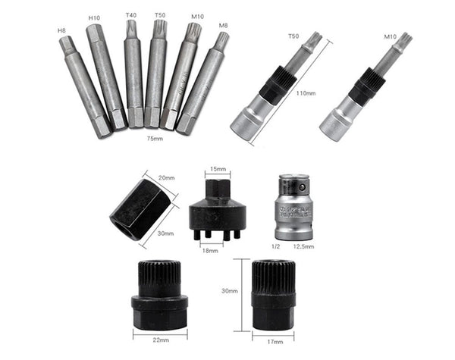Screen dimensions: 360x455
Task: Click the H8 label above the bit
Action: click(62, 30)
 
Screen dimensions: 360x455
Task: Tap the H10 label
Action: click(94, 17)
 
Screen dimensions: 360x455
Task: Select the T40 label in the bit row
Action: click(132, 14)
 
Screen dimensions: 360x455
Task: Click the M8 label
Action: click(223, 26)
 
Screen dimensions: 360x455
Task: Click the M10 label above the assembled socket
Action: click(391, 36)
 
